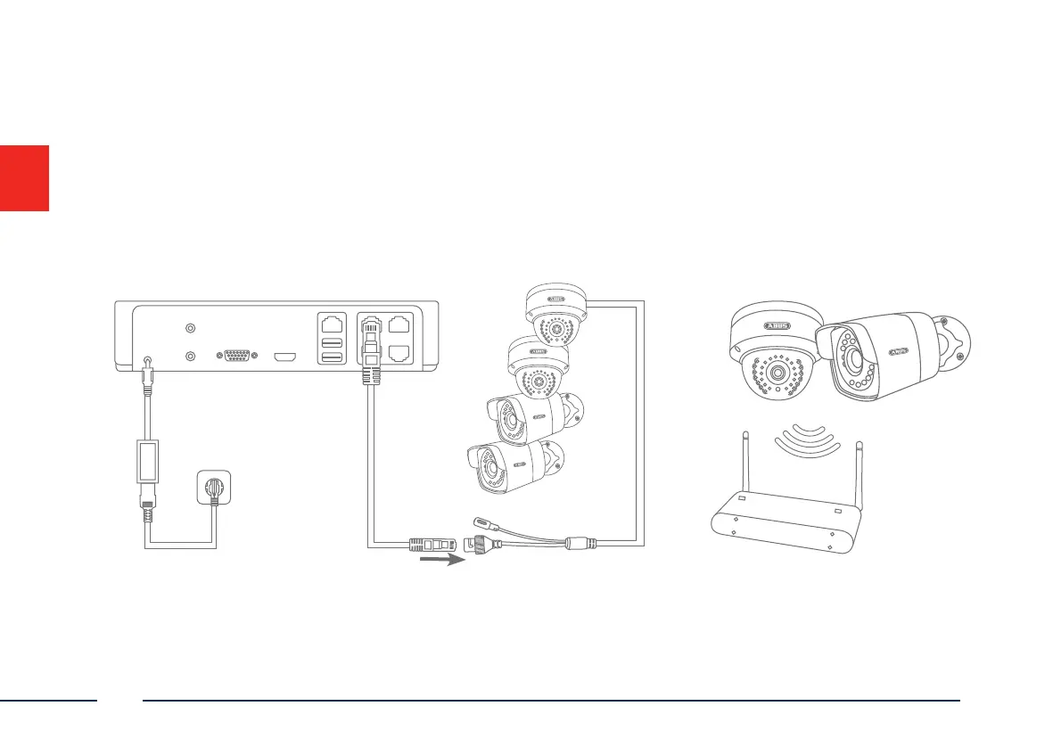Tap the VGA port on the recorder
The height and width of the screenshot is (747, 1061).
point(236,357)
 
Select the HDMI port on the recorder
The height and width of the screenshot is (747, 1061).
point(284,357)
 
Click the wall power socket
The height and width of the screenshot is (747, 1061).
point(214,492)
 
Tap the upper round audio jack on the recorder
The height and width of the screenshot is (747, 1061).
point(189,327)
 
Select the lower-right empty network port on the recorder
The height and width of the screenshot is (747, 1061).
point(400,355)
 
